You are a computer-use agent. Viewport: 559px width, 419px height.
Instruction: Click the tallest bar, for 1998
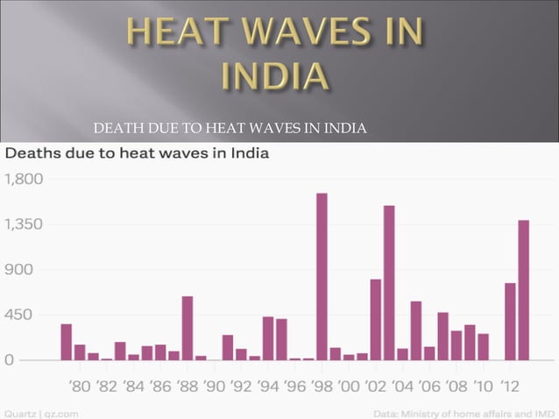coord(322,276)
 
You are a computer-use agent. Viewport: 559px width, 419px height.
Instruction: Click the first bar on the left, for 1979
coord(66,342)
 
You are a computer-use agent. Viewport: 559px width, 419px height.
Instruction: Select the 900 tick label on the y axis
coord(20,269)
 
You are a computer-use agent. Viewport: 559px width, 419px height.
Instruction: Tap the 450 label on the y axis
coord(20,314)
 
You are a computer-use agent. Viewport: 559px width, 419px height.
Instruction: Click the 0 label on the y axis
coord(9,359)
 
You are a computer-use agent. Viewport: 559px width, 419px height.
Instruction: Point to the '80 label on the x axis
coord(80,385)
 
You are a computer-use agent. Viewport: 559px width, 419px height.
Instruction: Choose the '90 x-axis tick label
coord(215,385)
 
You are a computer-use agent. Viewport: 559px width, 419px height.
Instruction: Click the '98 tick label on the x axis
coord(322,385)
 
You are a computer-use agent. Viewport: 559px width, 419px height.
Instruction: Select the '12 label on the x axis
coord(510,385)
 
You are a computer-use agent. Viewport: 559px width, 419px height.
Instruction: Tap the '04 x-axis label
coord(402,385)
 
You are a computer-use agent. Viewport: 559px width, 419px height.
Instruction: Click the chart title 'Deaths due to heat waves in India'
coord(138,153)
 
